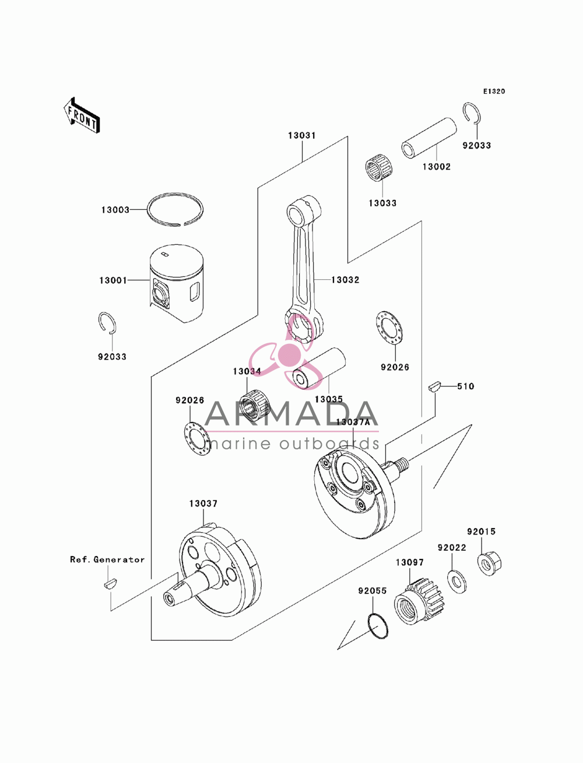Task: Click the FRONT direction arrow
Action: [82, 115]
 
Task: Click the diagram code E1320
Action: [494, 92]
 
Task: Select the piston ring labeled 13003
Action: [175, 210]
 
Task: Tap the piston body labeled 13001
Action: [177, 283]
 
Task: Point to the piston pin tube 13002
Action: [429, 138]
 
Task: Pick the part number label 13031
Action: [302, 136]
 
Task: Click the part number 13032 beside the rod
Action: [345, 280]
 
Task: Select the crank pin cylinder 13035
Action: [319, 368]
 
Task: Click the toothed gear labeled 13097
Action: [420, 602]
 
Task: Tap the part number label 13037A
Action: [353, 422]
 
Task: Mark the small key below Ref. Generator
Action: [110, 584]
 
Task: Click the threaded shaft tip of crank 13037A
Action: [403, 462]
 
